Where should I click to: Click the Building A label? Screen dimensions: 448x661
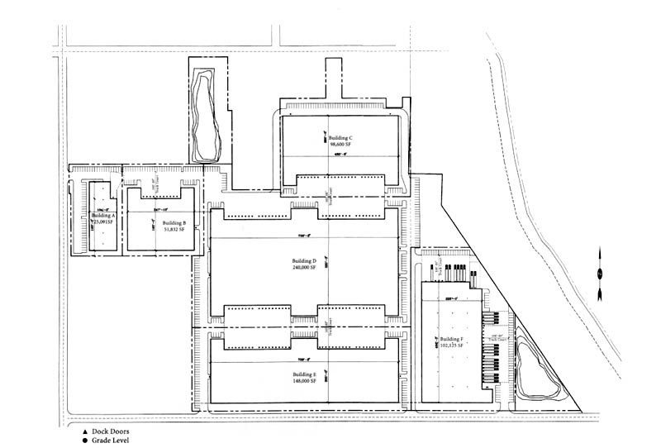tap(104, 215)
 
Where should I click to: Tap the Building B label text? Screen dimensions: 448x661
tap(174, 223)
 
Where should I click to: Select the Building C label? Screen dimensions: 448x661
tap(340, 137)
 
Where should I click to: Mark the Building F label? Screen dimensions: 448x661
tap(452, 340)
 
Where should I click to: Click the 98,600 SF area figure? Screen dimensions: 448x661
tap(341, 145)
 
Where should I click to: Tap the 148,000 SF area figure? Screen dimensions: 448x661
tap(304, 382)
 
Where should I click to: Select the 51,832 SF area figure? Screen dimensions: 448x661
tap(174, 231)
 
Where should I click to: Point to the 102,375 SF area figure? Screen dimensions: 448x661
tap(452, 347)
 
